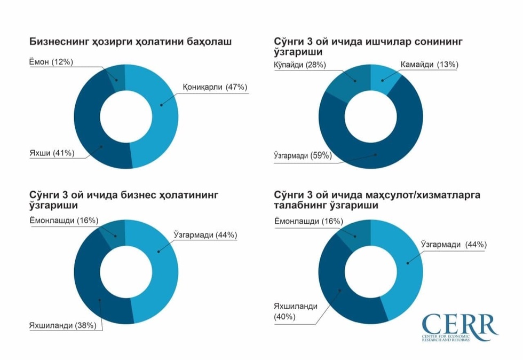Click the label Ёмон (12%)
click(51, 62)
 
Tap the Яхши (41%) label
click(52, 153)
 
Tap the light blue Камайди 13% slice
click(383, 80)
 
